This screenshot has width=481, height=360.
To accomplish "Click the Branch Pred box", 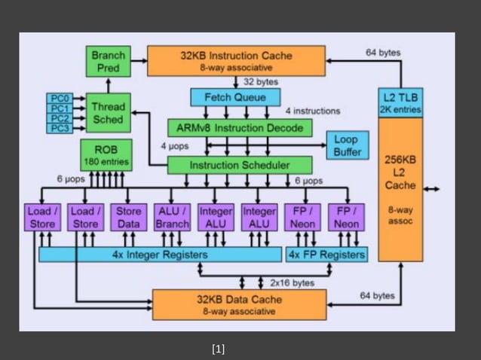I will pyautogui.click(x=109, y=61).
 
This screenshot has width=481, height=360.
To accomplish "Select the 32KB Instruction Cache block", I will pyautogui.click(x=236, y=61).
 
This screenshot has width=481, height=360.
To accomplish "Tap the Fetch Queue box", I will pyautogui.click(x=235, y=98).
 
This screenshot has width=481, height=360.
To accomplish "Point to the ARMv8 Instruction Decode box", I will pyautogui.click(x=239, y=128).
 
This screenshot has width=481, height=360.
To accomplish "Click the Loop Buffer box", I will pyautogui.click(x=346, y=145).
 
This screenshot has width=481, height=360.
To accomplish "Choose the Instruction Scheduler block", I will pyautogui.click(x=239, y=165).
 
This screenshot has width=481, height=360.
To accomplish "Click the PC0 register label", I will pyautogui.click(x=60, y=99).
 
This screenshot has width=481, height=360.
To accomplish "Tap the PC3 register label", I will pyautogui.click(x=60, y=128).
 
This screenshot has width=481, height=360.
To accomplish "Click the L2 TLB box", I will pyautogui.click(x=400, y=103).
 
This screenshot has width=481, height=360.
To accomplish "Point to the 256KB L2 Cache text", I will pyautogui.click(x=400, y=172).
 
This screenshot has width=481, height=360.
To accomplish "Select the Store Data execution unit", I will pyautogui.click(x=128, y=217).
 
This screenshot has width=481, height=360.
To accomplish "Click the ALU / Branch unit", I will pyautogui.click(x=172, y=217).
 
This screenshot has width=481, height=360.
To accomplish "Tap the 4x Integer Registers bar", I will pyautogui.click(x=160, y=255).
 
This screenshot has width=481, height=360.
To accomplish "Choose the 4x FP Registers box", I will pyautogui.click(x=326, y=255).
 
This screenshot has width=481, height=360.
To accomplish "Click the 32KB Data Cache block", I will pyautogui.click(x=239, y=304).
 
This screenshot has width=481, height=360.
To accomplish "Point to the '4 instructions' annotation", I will pyautogui.click(x=312, y=111).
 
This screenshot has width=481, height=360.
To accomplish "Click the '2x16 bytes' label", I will pyautogui.click(x=292, y=282).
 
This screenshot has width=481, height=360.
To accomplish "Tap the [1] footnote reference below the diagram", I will pyautogui.click(x=219, y=348).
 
